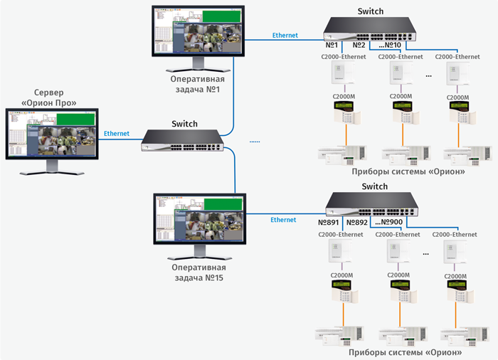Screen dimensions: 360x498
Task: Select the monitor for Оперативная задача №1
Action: [197, 35]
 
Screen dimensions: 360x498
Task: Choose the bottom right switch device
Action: [371, 206]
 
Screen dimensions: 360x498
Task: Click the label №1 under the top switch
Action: [331, 46]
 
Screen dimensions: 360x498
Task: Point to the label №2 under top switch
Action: [358, 46]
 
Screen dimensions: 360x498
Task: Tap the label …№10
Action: [388, 46]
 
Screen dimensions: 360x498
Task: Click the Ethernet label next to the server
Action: [117, 133]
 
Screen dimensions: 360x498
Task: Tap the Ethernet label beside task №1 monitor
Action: [285, 35]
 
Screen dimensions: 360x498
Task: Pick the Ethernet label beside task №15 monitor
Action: [283, 220]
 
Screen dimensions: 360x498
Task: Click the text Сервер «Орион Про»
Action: [49, 98]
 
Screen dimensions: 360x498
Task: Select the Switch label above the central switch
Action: [184, 124]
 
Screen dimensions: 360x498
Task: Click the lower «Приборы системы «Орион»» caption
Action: [405, 352]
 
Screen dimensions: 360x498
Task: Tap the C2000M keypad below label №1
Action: [345, 112]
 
